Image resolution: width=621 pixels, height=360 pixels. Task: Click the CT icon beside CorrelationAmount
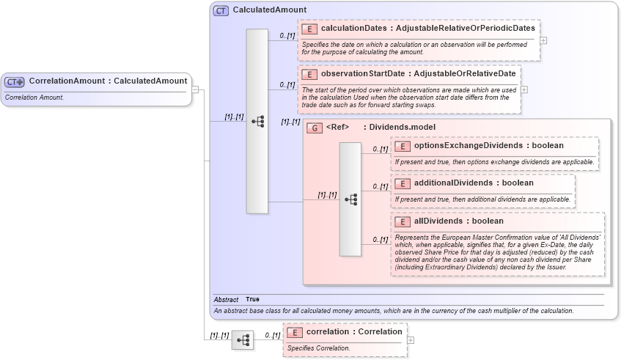coord(15,81)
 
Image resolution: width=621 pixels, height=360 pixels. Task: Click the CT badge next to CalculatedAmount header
coord(221,11)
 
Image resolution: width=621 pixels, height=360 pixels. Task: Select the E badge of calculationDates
coord(309,29)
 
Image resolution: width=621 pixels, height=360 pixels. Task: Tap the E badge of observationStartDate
coord(309,74)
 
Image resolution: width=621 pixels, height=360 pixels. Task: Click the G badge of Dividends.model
coord(314,128)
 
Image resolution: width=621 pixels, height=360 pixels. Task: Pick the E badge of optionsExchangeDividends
coord(402,146)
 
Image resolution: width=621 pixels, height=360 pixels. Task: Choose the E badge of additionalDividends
coord(402,183)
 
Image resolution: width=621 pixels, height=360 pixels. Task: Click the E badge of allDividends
coord(402,221)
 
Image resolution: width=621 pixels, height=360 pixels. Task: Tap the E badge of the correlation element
coord(294,332)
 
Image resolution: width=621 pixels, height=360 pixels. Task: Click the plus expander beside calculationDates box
coord(543,40)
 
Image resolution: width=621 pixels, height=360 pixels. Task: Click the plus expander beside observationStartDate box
coord(524,89)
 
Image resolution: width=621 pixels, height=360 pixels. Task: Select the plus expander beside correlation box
coord(411,340)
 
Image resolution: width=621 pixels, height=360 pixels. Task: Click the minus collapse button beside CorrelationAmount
coord(196,89)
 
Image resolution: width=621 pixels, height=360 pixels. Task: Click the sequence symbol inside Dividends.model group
coord(350,199)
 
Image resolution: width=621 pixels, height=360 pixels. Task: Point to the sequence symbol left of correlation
coord(243,340)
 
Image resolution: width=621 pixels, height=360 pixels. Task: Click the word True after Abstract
coord(252,299)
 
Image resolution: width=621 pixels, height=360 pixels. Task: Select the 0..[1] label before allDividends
coord(379,239)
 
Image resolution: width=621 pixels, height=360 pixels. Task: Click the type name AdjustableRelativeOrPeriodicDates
coord(465,28)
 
